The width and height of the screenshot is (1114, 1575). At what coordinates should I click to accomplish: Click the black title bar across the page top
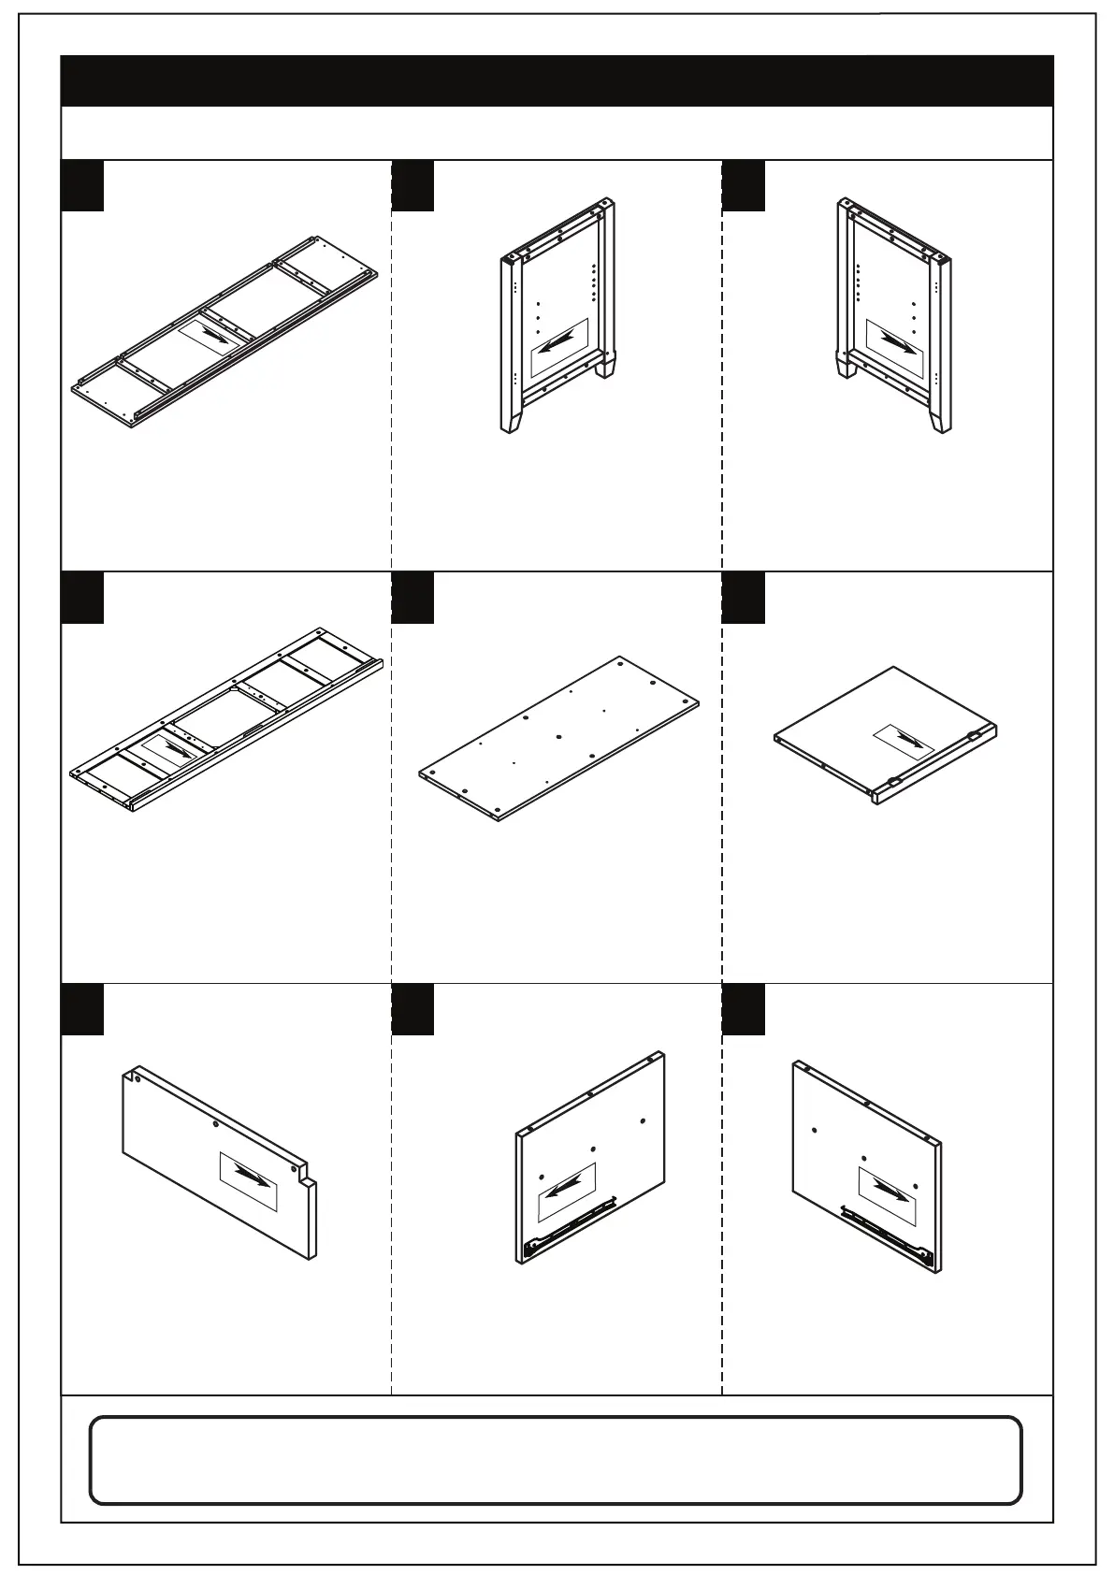tap(557, 80)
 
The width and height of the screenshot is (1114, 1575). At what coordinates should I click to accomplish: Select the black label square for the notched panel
tap(82, 1009)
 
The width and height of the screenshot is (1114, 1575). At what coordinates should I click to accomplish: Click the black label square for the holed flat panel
tap(412, 598)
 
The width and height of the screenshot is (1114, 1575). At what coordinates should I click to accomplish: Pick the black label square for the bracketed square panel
tap(744, 598)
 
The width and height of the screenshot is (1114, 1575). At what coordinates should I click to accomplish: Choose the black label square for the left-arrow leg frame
tap(412, 185)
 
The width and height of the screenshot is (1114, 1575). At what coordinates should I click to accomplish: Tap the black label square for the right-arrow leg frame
tap(744, 185)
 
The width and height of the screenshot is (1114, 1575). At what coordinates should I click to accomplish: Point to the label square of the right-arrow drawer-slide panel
tap(744, 1009)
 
